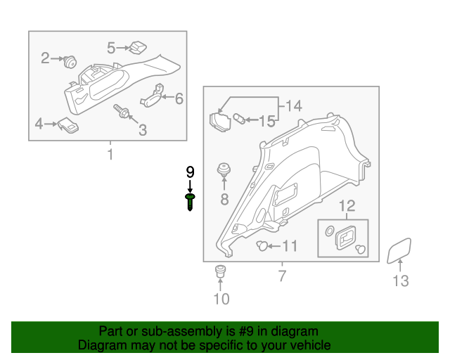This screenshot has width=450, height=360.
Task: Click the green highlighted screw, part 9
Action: coord(190,202)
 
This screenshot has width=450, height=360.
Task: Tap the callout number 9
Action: coord(190,172)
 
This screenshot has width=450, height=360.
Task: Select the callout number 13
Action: coord(400,281)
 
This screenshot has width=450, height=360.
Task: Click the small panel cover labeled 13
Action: coord(399,250)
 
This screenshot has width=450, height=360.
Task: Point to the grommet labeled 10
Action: coord(220,271)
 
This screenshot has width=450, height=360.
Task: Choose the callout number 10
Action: coord(221,299)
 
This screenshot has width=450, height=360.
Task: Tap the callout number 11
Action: coord(290,246)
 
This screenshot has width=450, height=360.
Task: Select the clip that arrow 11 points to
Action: coord(262,245)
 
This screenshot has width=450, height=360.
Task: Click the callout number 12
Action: coord(347,206)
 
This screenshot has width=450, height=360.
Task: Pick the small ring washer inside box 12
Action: coord(330,231)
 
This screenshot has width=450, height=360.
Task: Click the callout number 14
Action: coord(294,106)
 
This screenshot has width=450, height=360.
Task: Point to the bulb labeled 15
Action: coord(239,119)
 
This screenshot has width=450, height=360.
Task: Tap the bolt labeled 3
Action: coord(122,111)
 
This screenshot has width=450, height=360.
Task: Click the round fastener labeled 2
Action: coord(70,62)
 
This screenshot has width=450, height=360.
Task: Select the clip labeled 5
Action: coord(138,48)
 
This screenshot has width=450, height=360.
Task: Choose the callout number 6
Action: coord(179,98)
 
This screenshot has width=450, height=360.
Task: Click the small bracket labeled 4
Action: coord(68,125)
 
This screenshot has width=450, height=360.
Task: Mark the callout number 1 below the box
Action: coord(110,154)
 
